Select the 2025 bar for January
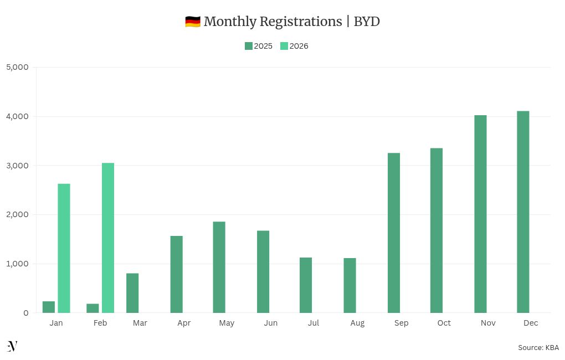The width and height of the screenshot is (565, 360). tap(49, 307)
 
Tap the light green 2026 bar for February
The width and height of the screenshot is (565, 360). tap(108, 238)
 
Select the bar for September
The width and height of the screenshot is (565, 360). tap(394, 233)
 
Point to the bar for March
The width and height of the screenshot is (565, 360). tap(132, 293)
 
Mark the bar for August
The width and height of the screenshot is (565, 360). tap(350, 285)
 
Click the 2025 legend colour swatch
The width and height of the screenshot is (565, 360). tap(249, 46)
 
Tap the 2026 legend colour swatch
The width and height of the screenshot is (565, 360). tap(284, 46)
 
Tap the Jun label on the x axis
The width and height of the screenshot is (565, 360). tap(271, 323)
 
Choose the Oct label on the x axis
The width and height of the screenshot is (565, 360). tap(444, 323)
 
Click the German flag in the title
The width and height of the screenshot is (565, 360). tap(193, 22)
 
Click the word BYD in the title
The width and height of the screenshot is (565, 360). tap(367, 22)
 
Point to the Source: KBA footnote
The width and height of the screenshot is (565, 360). tap(538, 347)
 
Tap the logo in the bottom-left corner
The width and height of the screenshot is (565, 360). tap(12, 346)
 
